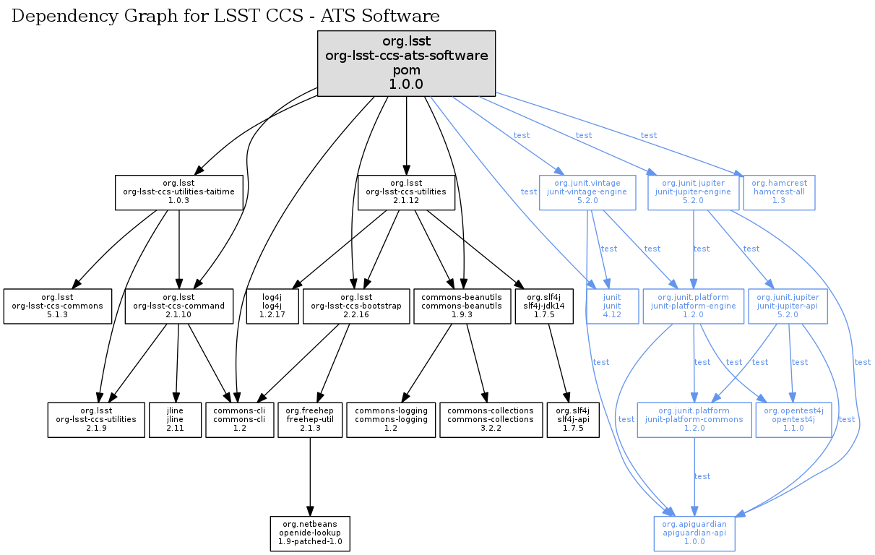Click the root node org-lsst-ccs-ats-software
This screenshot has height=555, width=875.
point(407,63)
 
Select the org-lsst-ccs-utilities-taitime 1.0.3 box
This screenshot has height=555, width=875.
point(178,192)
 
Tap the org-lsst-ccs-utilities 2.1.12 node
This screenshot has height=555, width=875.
point(407,192)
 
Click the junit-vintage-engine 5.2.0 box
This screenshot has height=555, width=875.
point(587,192)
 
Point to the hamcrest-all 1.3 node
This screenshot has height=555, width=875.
point(779,192)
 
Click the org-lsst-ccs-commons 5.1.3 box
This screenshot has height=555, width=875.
point(58,306)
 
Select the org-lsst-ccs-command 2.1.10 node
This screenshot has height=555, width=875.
point(178,306)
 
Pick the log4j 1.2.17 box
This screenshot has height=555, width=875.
point(272,306)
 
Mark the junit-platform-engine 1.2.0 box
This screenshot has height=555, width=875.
point(693,306)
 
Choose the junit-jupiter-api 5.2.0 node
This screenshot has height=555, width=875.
point(788,306)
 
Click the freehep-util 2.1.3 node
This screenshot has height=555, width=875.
point(309,420)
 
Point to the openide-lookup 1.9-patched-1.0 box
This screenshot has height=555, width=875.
point(310,534)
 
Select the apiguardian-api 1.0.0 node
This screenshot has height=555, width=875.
point(694,534)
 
